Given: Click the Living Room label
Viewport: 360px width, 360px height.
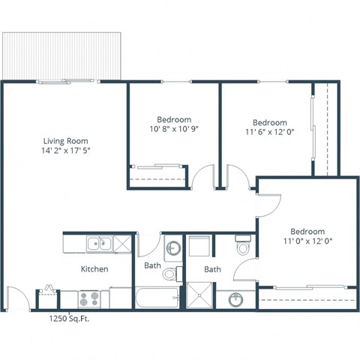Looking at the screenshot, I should click(66, 139).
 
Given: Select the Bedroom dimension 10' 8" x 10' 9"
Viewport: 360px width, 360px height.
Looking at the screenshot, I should click(173, 129).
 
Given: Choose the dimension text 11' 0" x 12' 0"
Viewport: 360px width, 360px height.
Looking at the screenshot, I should click(307, 241).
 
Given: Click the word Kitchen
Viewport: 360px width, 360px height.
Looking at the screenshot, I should click(94, 268).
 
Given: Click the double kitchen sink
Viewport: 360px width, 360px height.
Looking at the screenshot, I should click(99, 244).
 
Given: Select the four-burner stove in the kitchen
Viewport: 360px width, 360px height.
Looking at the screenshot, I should click(90, 298).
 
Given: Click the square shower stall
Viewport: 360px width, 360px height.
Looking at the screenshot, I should click(199, 298).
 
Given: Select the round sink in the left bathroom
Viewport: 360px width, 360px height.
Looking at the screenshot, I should click(172, 247).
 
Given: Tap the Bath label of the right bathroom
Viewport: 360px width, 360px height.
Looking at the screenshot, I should click(213, 268).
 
